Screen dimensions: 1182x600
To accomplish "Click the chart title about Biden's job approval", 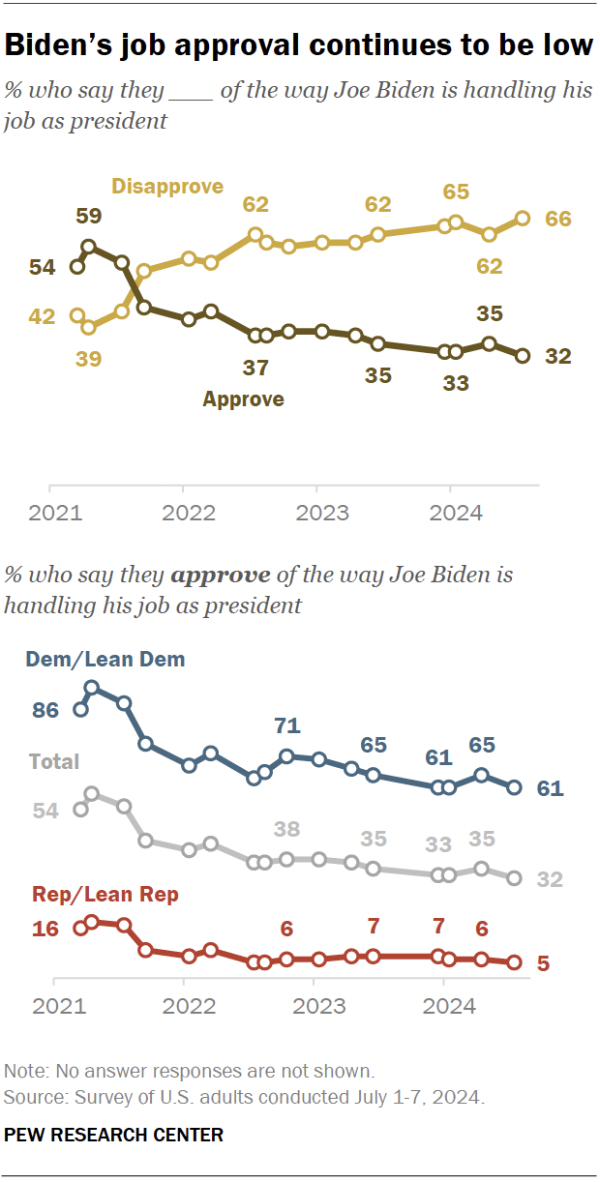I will click(x=299, y=44).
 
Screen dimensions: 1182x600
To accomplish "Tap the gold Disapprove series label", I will click(x=167, y=187).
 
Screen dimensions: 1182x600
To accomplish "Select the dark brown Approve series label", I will click(x=243, y=399).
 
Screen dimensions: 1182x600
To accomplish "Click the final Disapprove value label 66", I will click(x=558, y=219).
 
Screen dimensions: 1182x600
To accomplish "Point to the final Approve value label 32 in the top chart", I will click(x=558, y=356).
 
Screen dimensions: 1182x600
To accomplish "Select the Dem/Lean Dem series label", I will click(x=105, y=660).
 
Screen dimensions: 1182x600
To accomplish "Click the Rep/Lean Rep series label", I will click(x=105, y=895).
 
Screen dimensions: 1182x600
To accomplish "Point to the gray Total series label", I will click(x=54, y=761).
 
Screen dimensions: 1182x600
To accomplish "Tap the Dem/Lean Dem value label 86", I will click(x=45, y=710).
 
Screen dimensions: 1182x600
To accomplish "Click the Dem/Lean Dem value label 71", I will click(x=287, y=725).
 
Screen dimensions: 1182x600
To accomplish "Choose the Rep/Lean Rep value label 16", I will click(x=45, y=929).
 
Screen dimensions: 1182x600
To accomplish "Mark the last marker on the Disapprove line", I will click(x=523, y=219).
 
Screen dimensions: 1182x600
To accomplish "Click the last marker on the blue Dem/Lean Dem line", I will click(x=515, y=787).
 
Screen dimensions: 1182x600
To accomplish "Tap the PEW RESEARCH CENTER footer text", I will click(x=114, y=1135).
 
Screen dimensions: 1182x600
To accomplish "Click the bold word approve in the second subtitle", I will click(x=221, y=575).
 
